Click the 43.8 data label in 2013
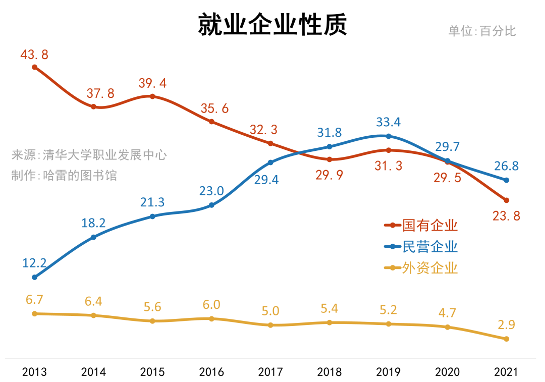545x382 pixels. (34, 54)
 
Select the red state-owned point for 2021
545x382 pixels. (506, 200)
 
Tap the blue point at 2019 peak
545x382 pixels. (388, 136)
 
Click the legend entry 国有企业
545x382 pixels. (429, 225)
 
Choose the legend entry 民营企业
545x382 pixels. (429, 246)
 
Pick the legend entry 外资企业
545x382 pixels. (429, 267)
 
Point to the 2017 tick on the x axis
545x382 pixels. (270, 372)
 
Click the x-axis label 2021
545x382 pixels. (506, 372)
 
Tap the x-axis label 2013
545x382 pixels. (34, 372)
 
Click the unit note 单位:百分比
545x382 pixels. (482, 31)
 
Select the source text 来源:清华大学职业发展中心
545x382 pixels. (89, 154)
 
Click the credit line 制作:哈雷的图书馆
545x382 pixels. (64, 175)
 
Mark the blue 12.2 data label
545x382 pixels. (34, 262)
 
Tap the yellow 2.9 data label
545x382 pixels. (506, 324)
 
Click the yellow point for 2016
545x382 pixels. (211, 318)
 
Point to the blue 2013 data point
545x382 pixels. (34, 277)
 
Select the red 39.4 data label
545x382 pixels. (152, 83)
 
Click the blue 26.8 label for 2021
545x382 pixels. (506, 166)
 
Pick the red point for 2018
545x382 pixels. (330, 159)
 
